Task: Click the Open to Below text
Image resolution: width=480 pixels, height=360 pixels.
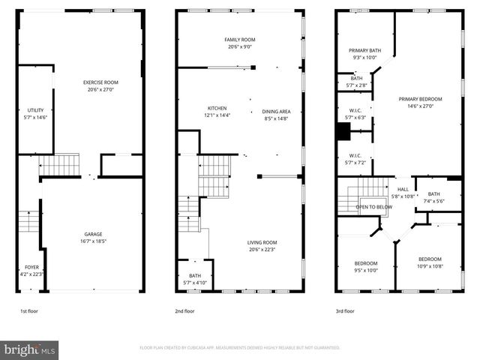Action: [373, 207]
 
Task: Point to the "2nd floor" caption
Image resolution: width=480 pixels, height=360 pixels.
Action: [184, 310]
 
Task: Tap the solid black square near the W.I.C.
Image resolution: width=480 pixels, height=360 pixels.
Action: [343, 132]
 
